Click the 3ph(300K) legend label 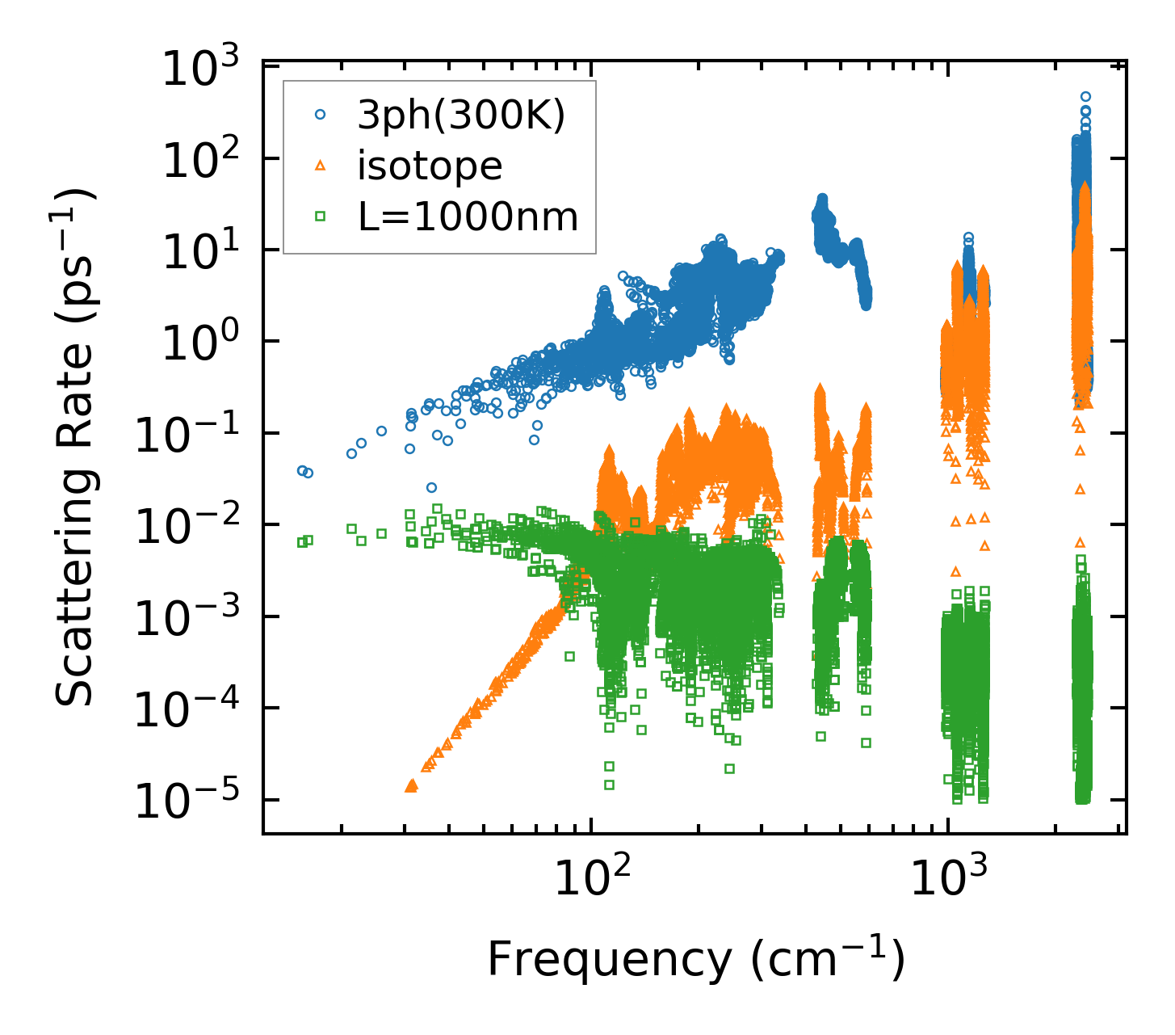point(461,116)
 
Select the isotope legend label point(430,166)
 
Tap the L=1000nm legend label point(468,217)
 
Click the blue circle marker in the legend point(320,116)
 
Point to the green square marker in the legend point(320,217)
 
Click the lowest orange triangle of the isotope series point(410,785)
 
